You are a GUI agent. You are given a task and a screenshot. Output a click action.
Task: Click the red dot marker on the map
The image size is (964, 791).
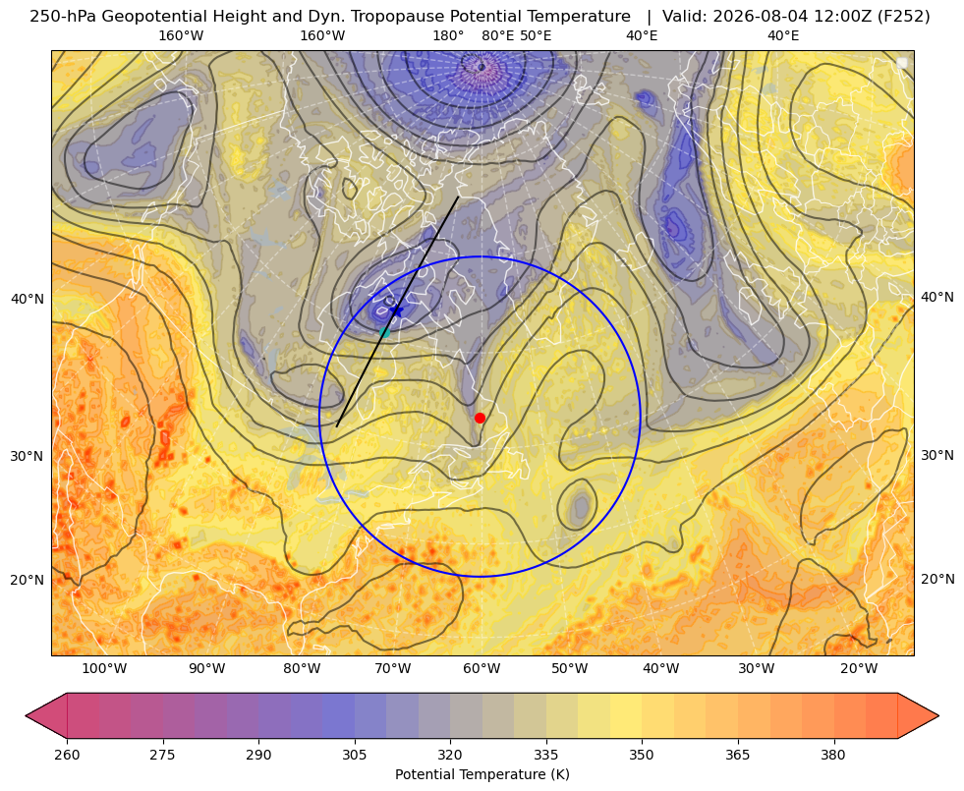[x=480, y=418]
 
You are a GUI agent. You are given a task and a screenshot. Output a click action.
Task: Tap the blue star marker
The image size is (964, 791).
[x=397, y=311]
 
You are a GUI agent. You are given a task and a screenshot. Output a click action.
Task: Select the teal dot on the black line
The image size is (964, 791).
[x=385, y=332]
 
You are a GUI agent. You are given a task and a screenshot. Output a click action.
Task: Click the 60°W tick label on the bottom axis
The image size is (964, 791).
[x=482, y=669]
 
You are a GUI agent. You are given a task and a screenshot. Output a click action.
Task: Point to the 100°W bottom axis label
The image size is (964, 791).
[x=104, y=669]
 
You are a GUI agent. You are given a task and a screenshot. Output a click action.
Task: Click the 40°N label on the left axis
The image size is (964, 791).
[x=28, y=300]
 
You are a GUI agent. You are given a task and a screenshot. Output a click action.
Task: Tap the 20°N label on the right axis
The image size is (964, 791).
[x=937, y=579]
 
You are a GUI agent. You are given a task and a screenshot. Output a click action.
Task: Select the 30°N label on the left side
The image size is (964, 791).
[x=28, y=456]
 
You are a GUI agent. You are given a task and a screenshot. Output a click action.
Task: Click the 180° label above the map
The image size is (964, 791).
[x=448, y=35]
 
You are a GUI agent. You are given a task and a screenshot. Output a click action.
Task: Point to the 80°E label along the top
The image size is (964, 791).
[x=497, y=35]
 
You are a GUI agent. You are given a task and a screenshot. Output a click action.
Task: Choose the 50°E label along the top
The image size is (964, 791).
[x=536, y=35]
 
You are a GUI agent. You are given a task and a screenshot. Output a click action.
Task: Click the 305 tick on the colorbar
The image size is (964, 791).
[x=354, y=755]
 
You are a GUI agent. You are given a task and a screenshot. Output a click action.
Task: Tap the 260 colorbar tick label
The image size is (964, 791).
[x=67, y=755]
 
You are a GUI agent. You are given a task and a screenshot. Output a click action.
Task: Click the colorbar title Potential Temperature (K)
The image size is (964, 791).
[x=482, y=774]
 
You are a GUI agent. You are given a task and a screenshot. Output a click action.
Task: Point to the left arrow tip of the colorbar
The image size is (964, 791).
[x=26, y=715]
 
